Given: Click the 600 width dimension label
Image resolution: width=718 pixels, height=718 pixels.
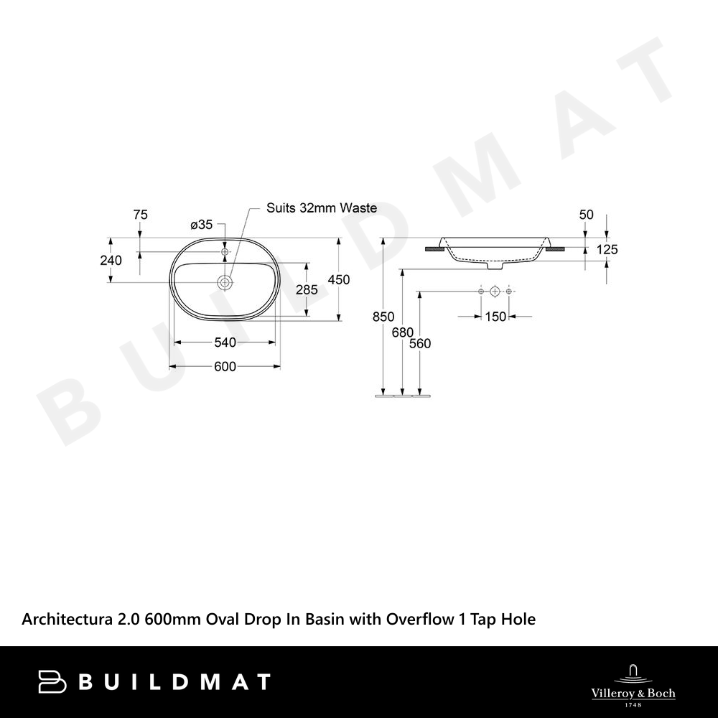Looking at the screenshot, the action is [225, 366].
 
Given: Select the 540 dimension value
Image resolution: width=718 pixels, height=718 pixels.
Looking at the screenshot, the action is [225, 342].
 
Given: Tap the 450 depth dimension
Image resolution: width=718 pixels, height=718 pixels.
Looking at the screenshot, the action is [339, 279].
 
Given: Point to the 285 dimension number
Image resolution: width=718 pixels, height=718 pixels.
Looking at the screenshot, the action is [307, 289].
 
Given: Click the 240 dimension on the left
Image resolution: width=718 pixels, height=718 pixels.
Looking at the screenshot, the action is [111, 260].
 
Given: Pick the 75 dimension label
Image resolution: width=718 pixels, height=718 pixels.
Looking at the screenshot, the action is [140, 214].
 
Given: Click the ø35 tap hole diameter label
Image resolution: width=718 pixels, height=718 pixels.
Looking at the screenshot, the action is [202, 224].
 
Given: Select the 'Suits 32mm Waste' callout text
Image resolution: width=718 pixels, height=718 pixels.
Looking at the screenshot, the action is [322, 208].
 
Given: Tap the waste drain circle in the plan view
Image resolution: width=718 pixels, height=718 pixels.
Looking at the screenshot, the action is [225, 282].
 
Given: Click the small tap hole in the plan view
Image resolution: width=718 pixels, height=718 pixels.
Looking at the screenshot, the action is [225, 251].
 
